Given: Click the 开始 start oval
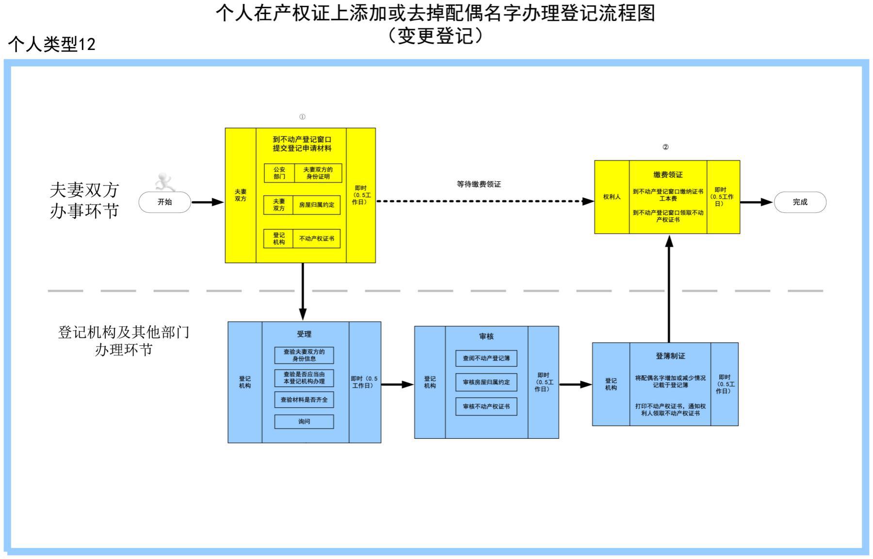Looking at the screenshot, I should pos(165,202).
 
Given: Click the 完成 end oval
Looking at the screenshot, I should pos(800,202).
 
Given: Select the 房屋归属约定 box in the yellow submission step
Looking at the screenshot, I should pos(316,205).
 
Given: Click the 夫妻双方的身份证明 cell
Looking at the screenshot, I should pos(318,173).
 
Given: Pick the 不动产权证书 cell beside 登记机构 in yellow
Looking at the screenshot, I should pos(316,239).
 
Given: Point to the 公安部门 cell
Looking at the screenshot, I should pos(279,173).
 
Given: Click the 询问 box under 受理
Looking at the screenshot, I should pos(304,422).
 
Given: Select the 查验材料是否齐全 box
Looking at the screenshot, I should pos(304,400).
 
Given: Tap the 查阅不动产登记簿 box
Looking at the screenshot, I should pos(486,358).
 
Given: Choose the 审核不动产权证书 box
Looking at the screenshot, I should pos(486,406).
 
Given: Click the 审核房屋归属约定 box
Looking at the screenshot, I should pos(486,382).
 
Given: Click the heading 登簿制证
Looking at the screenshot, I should pos(670,356).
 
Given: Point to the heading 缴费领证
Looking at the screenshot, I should pos(668,175).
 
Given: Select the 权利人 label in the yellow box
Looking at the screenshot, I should pos(612,197).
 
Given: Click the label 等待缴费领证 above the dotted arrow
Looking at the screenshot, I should pos(479,184).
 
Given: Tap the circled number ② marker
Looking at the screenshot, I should pos(665,147).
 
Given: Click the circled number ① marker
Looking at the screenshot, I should pos(302,117).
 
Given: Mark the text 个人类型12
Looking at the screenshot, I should pos(52,45).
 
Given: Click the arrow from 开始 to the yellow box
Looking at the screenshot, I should pos(207,202).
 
